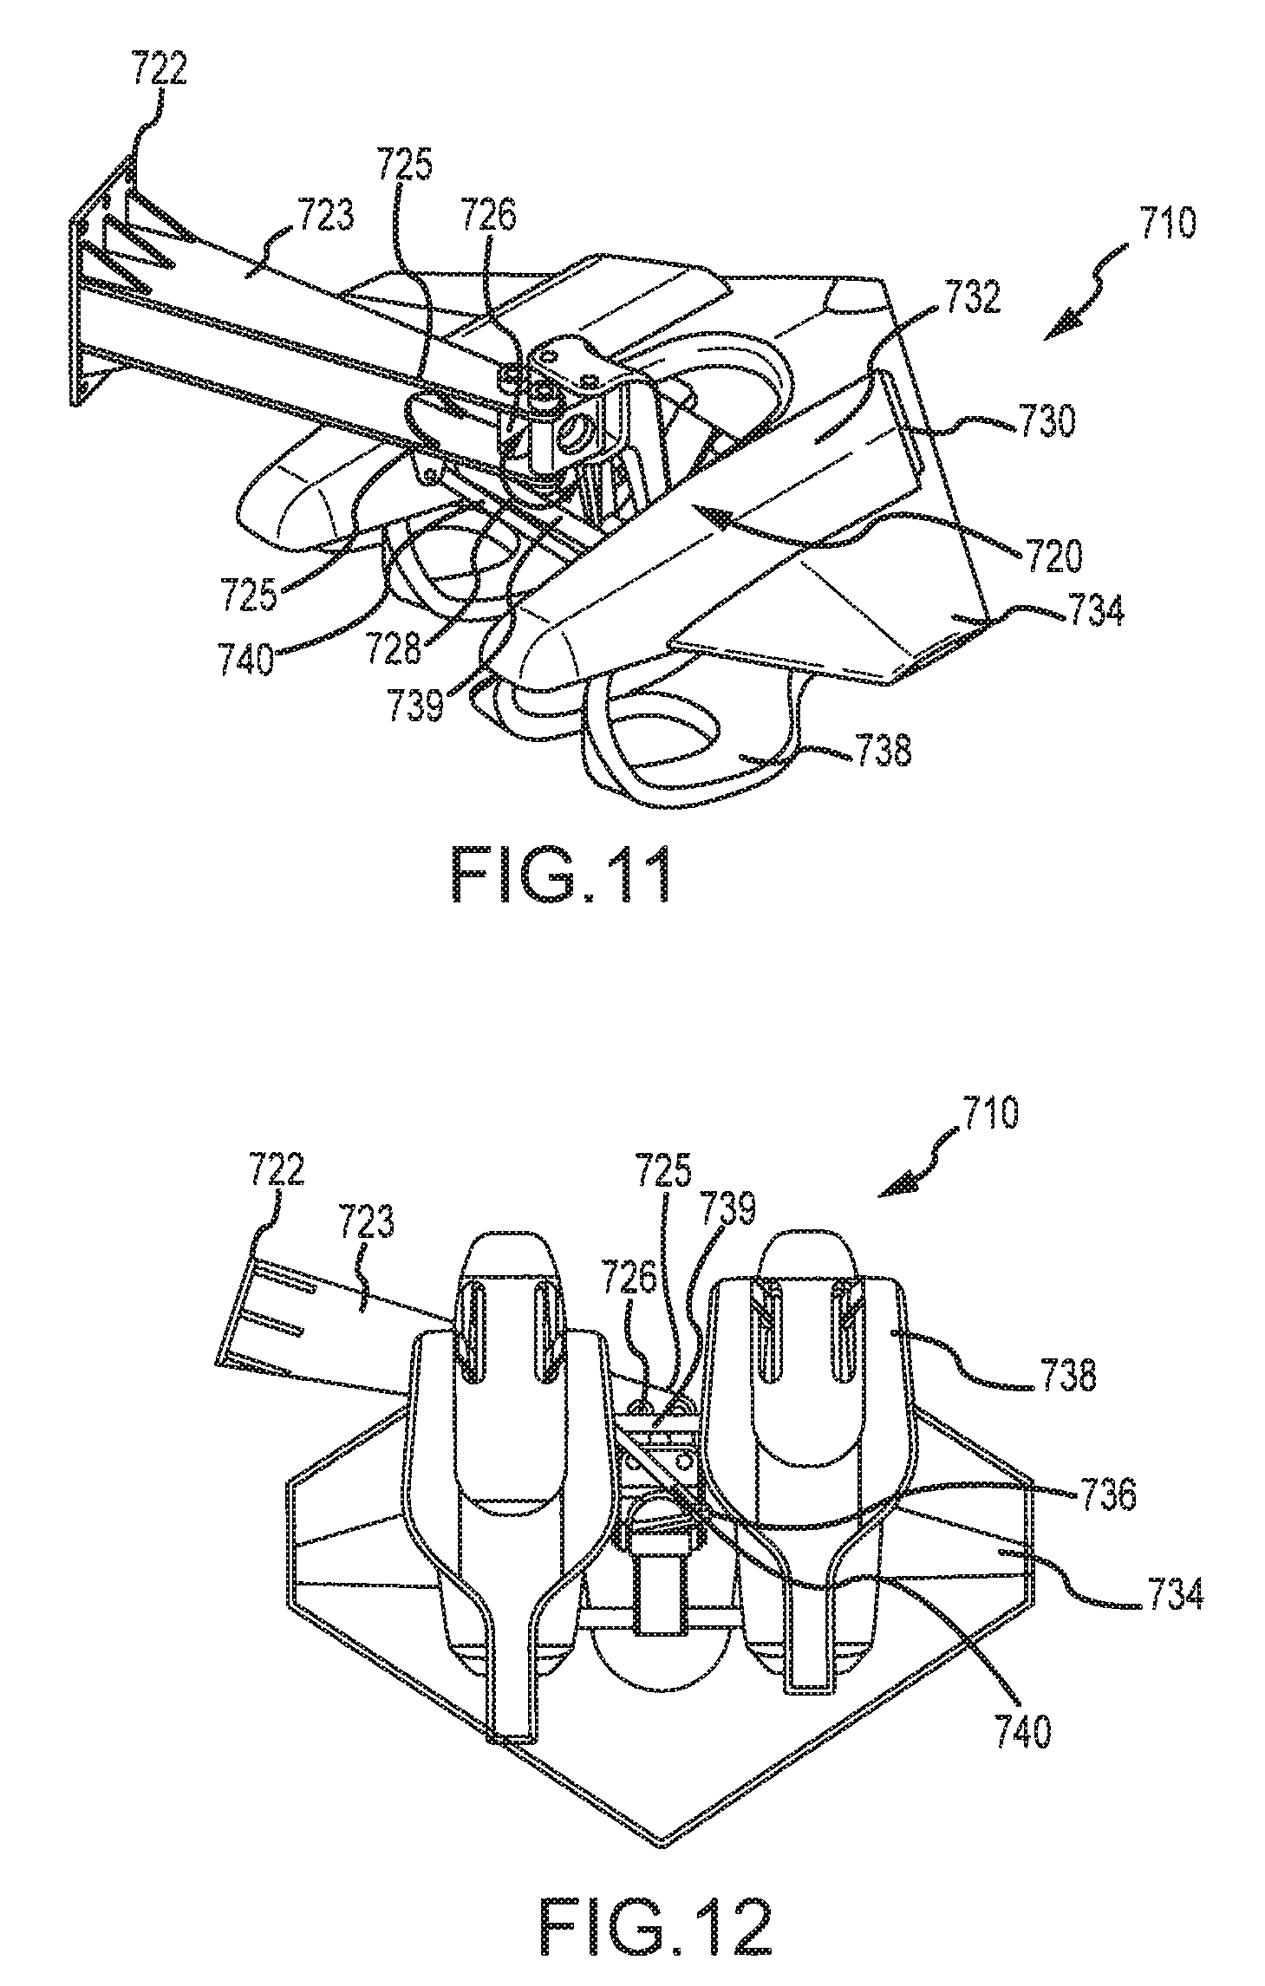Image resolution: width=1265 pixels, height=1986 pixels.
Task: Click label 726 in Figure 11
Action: pos(487,214)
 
